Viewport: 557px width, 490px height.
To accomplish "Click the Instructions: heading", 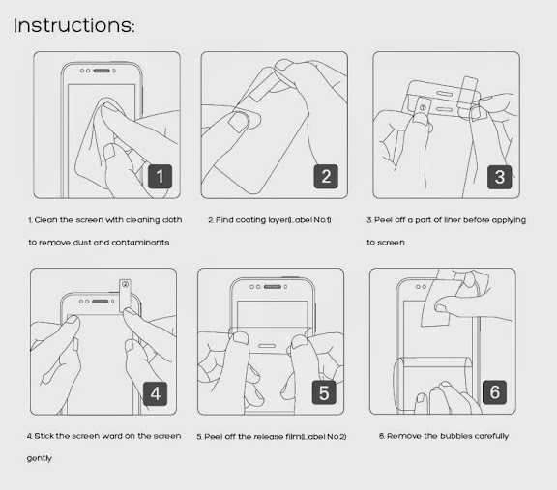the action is click(x=73, y=25).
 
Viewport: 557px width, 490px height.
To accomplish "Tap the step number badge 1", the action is click(x=160, y=177).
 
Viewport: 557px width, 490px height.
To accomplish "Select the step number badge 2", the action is click(x=326, y=177).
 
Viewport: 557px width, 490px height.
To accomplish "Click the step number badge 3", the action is click(x=499, y=177).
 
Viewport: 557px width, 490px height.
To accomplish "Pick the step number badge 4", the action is click(x=156, y=393).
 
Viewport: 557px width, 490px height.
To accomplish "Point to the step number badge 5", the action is click(x=324, y=392).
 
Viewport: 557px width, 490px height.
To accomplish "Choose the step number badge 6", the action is click(x=494, y=392).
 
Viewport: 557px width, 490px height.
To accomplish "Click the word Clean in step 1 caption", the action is click(x=45, y=220).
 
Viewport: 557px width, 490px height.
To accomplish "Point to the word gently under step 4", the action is click(x=40, y=458).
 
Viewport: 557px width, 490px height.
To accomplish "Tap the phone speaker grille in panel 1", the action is click(x=102, y=71).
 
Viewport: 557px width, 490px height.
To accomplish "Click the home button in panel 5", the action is click(x=267, y=346).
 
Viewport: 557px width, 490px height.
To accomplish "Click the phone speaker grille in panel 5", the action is click(x=273, y=286).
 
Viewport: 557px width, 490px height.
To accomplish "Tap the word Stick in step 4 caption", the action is click(x=44, y=436).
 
